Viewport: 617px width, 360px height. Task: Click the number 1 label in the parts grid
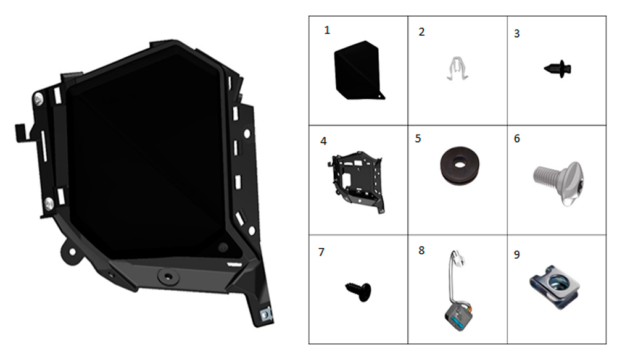(x=327, y=30)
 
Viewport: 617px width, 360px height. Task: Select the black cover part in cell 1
(x=358, y=71)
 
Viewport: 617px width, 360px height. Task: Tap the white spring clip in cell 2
(x=457, y=69)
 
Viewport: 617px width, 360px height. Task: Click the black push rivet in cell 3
(x=558, y=69)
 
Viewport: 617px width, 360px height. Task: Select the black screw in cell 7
(x=358, y=292)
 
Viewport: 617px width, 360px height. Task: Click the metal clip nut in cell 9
(x=555, y=287)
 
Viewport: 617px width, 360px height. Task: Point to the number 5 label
(x=418, y=139)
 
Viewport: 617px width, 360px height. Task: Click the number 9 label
(x=517, y=255)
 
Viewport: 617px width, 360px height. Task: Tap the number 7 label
(x=321, y=252)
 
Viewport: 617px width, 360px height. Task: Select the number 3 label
(x=517, y=34)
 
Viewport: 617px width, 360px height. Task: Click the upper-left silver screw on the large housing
(x=38, y=98)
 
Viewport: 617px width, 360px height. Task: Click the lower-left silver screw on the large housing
(x=49, y=204)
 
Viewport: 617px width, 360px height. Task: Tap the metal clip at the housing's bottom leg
(x=267, y=315)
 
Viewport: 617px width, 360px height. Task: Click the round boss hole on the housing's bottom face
(x=168, y=276)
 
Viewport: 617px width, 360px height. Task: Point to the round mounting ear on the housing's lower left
(x=70, y=252)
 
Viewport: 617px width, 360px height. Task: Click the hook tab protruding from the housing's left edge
(x=20, y=133)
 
